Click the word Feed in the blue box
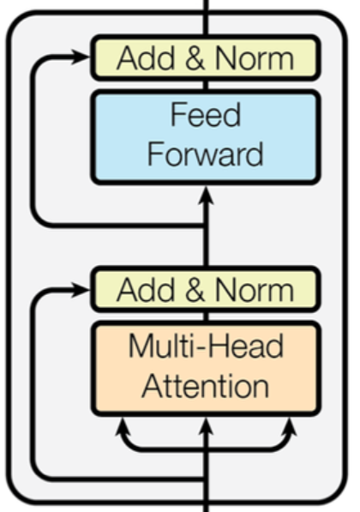206,114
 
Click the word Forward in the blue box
206,154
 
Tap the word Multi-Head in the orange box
206,346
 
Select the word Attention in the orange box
206,386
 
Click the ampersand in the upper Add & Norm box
195,58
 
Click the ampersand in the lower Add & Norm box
195,290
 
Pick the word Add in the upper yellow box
146,58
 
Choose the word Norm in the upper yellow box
255,58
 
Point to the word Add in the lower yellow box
146,290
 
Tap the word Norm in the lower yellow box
255,290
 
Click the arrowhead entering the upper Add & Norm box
81,57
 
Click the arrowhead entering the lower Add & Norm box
81,290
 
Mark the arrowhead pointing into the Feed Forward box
206,196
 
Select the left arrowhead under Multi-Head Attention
123,426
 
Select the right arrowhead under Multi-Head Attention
290,426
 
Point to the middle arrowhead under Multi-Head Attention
206,426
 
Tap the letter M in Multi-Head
140,346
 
